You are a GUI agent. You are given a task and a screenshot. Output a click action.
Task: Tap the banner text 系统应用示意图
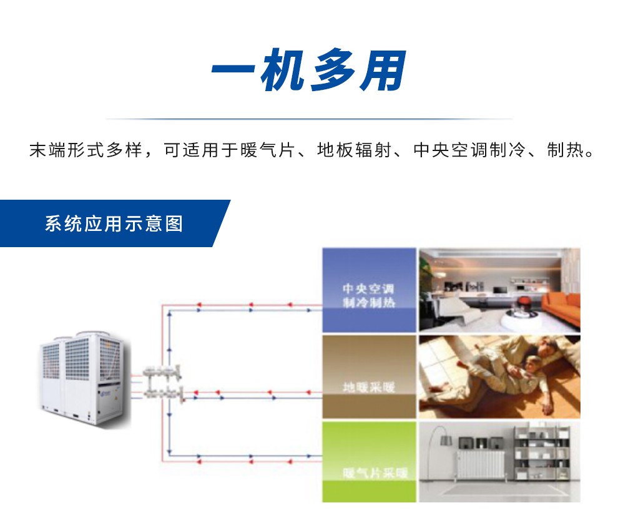pos(114,223)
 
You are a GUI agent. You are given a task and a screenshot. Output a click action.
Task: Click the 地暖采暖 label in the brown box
pos(368,387)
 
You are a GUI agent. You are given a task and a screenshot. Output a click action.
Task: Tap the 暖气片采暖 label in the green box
pos(369,472)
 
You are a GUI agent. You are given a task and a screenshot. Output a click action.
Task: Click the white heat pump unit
pos(81,378)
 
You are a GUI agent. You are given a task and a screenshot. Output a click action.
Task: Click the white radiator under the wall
pos(481,464)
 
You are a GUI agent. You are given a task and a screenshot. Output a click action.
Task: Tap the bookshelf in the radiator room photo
pos(541,452)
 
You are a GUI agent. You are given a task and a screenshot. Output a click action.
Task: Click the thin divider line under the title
pos(308,119)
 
